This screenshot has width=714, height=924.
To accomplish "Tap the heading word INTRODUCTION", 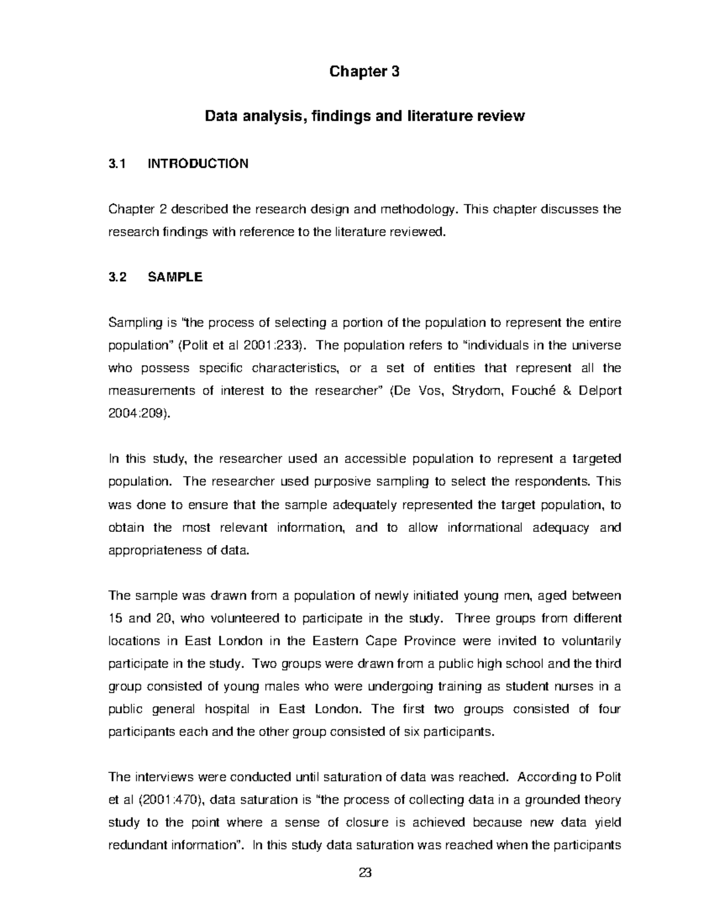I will pyautogui.click(x=198, y=164).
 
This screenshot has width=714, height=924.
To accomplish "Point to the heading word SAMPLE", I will pyautogui.click(x=175, y=277).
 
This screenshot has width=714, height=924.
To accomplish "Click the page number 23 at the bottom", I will pyautogui.click(x=365, y=873).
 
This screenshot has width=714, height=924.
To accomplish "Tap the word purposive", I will pyautogui.click(x=342, y=482).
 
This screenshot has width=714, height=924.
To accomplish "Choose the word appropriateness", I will pyautogui.click(x=155, y=550).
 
